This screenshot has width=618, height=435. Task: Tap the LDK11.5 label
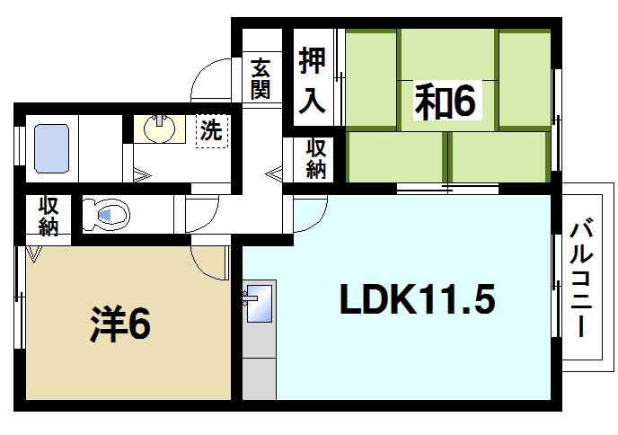coord(416,299)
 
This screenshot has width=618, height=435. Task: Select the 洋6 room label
coord(119,325)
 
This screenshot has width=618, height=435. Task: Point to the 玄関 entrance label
coord(260,79)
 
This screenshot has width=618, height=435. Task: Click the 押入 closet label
coord(312,81)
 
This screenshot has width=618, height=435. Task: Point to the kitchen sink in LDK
coord(258,304)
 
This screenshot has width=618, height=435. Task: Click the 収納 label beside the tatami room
coord(314,159)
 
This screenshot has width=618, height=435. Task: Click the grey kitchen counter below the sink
coord(260,364)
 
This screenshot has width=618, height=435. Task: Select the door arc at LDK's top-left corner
coord(309,212)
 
